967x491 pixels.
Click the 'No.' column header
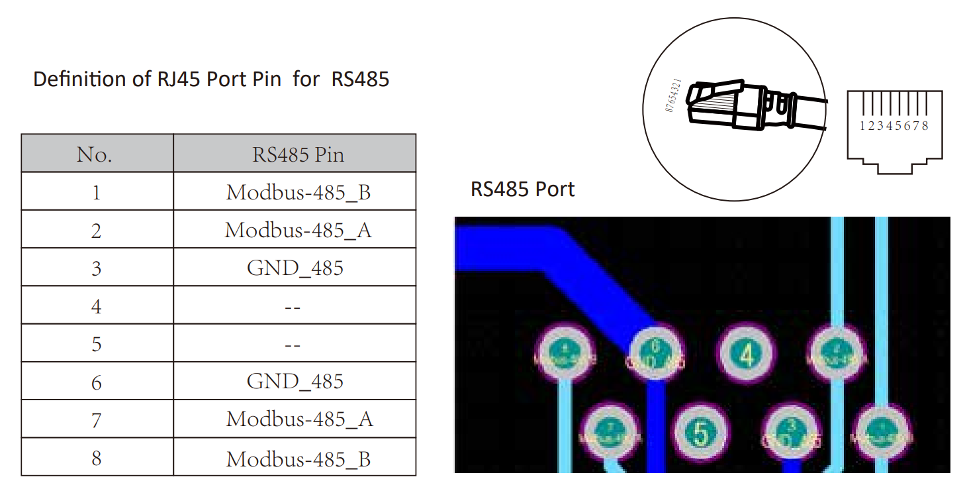pos(95,154)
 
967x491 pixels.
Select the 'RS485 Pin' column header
pos(298,154)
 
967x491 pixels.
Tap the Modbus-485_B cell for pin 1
pos(298,192)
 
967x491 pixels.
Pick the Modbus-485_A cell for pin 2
pos(298,230)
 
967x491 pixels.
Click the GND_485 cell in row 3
pos(295,268)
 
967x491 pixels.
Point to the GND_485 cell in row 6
pos(295,381)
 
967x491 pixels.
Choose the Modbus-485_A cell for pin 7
pos(299,419)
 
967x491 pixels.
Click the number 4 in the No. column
pos(97,306)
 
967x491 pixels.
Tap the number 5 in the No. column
pos(97,344)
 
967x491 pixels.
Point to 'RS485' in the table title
pos(360,80)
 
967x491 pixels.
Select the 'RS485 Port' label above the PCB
pos(522,190)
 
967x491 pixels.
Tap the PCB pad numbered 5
pos(700,433)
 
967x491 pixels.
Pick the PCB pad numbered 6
pos(655,355)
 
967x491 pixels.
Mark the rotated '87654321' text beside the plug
pos(672,95)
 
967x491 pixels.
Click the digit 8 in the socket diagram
pos(925,125)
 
